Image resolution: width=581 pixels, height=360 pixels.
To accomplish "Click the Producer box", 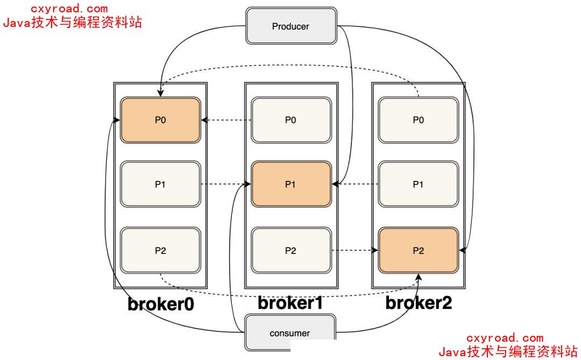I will [x=291, y=26].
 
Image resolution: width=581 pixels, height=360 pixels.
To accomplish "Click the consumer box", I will [x=290, y=332].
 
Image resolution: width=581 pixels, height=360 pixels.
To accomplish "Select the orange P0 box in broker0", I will [x=160, y=120].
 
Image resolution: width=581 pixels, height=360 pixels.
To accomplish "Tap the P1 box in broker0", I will [x=160, y=184].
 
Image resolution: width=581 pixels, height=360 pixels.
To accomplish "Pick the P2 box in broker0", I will [x=160, y=250].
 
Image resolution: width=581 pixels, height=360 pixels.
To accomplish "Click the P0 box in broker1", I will [x=290, y=120].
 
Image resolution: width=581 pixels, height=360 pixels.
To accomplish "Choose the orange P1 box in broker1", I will [x=290, y=184].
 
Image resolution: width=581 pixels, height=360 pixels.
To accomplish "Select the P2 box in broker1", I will [x=290, y=250].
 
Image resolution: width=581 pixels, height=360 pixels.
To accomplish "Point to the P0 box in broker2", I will [x=418, y=120].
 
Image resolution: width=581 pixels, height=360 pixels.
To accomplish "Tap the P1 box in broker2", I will [x=418, y=184].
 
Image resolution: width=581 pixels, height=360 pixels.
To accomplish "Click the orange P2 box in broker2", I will [x=418, y=250].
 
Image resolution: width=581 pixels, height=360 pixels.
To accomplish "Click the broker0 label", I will [x=160, y=304].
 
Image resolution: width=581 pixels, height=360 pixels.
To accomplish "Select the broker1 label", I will [x=290, y=303].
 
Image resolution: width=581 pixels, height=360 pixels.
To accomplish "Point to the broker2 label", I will [x=419, y=303].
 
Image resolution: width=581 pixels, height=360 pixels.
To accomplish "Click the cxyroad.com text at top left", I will [x=69, y=9].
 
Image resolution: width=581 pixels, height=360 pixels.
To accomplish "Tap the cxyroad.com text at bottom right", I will [x=505, y=338].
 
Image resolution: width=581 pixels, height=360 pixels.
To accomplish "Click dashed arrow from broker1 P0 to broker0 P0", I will [x=226, y=120].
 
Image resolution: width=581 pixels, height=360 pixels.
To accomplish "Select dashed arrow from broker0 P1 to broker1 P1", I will [x=226, y=184].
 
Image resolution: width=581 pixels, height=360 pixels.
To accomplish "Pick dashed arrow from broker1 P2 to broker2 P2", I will [x=354, y=250].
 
